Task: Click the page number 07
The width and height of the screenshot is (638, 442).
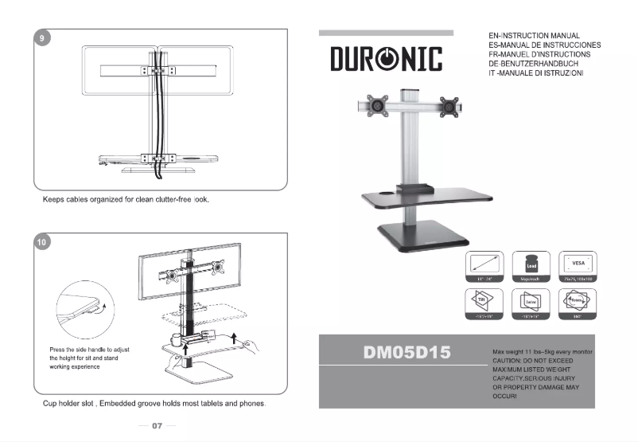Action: point(157,426)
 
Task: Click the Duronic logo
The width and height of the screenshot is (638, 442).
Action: point(386,60)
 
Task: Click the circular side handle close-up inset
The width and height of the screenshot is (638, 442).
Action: point(83,314)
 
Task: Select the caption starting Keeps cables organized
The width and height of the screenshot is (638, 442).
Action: point(125,199)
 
